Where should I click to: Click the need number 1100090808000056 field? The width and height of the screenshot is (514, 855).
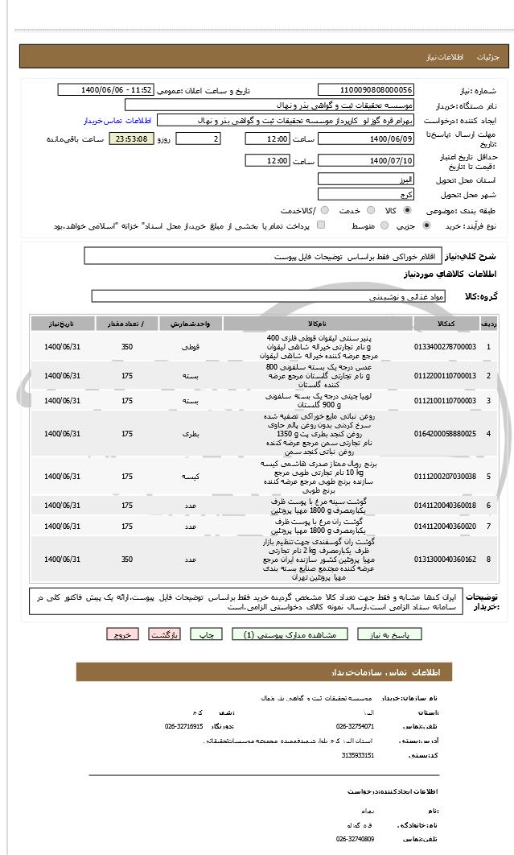point(366,90)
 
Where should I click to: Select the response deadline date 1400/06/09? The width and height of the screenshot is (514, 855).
point(366,139)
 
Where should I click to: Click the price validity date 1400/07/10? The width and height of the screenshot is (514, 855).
point(366,161)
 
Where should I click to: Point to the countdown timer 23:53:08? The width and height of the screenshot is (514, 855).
point(130,139)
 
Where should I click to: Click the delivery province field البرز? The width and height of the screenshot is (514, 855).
point(366,178)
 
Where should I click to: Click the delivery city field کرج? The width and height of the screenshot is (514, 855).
point(366,194)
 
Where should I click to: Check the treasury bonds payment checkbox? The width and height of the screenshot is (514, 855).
point(322,226)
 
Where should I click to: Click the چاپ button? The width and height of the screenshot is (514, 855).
point(207,634)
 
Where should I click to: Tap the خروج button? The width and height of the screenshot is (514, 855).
point(122,634)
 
